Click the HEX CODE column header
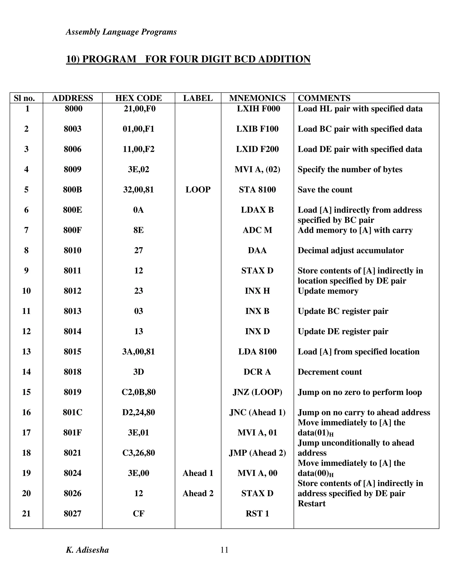pyautogui.click(x=138, y=98)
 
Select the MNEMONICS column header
pyautogui.click(x=257, y=98)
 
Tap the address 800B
pyautogui.click(x=72, y=189)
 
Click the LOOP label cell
pyautogui.click(x=198, y=189)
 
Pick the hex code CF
pyautogui.click(x=138, y=513)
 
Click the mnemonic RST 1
pyautogui.click(x=257, y=513)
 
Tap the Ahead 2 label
pyautogui.click(x=198, y=493)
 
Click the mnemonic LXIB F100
pyautogui.click(x=257, y=129)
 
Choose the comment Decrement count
pyautogui.click(x=330, y=372)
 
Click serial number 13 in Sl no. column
pyautogui.click(x=26, y=351)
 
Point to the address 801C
pyautogui.click(x=72, y=412)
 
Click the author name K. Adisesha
pyautogui.click(x=87, y=550)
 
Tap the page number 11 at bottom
pyautogui.click(x=224, y=550)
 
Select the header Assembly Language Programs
pyautogui.click(x=121, y=32)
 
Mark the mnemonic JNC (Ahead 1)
pyautogui.click(x=257, y=412)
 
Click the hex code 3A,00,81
pyautogui.click(x=138, y=351)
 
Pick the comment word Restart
pyautogui.click(x=312, y=503)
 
